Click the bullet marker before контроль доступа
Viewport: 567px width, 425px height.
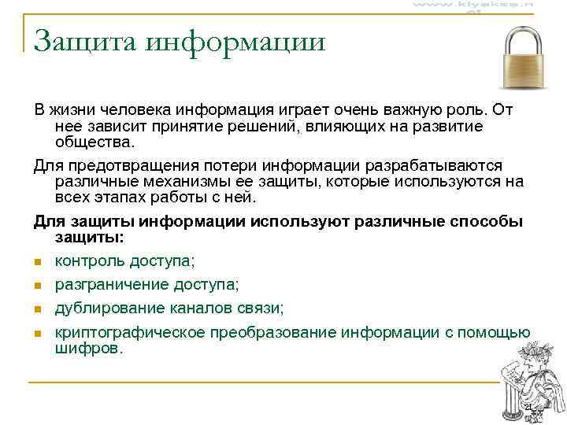[x=37, y=262]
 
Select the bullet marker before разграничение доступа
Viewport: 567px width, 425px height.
[x=37, y=285]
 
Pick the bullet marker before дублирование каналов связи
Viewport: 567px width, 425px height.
[x=37, y=309]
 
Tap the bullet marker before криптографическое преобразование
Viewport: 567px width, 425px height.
[x=37, y=334]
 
